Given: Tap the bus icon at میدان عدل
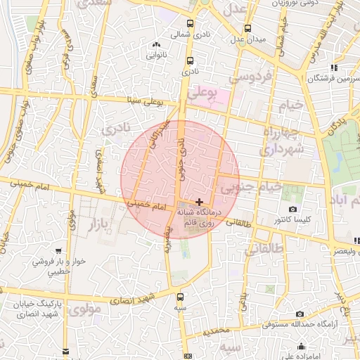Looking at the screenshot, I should (247, 29).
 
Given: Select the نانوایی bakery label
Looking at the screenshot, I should (155, 53).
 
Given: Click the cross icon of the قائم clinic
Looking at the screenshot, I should (200, 201).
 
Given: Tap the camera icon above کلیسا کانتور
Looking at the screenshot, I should (292, 210).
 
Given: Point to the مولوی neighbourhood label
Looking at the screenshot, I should (84, 307).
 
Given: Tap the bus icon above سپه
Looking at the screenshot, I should (181, 296).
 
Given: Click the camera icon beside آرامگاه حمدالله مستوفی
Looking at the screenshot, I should (300, 314).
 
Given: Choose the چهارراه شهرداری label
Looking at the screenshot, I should (281, 141).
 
